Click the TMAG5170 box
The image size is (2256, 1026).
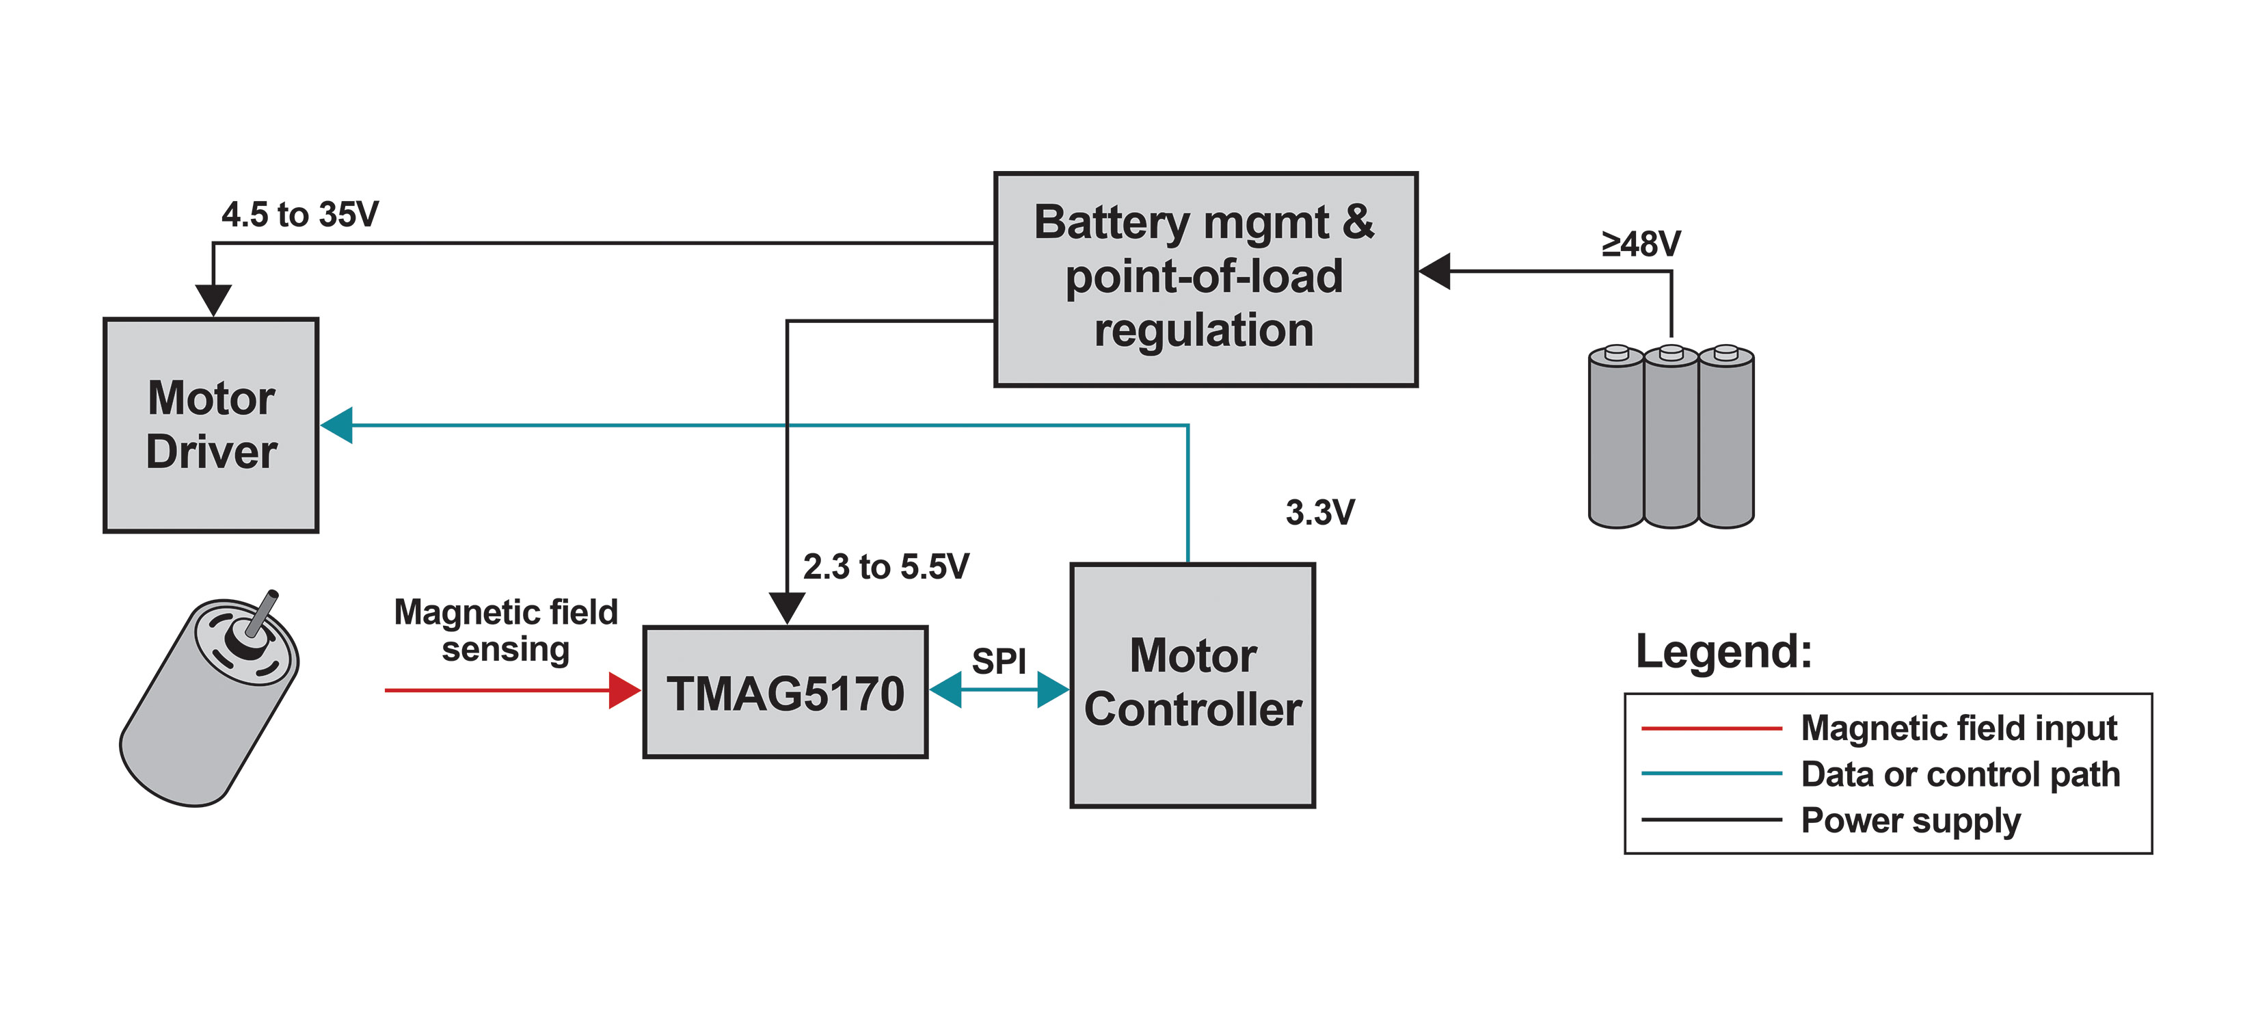785,692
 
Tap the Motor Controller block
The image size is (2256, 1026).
1192,684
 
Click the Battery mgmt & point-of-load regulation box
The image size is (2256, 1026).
1205,278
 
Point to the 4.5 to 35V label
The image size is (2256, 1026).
299,215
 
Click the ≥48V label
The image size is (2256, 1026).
1640,244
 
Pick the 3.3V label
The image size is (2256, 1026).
1320,512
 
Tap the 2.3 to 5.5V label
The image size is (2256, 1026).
885,567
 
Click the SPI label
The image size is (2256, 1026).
998,661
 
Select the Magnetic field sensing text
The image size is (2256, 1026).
505,631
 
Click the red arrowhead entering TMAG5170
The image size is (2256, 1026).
624,690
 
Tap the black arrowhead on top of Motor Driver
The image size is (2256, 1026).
213,300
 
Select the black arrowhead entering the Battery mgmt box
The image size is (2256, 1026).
1434,271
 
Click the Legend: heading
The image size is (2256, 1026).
1723,652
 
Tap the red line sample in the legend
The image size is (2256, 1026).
1710,728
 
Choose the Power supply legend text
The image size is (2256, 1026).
1910,821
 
